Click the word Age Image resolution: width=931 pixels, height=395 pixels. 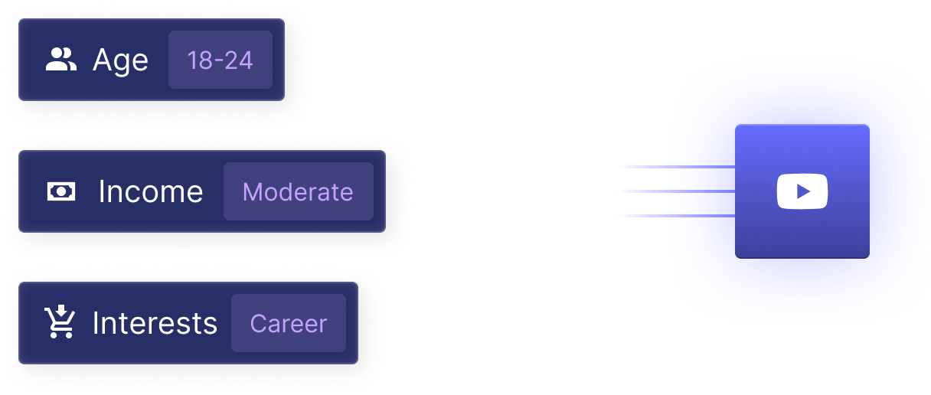[x=120, y=60]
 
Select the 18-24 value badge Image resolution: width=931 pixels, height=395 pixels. [x=220, y=60]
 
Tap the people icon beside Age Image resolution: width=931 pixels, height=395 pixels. [x=61, y=60]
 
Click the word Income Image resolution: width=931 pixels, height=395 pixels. [x=151, y=191]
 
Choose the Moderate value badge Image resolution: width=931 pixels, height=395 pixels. [x=298, y=191]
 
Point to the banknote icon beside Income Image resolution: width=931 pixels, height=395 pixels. [x=61, y=191]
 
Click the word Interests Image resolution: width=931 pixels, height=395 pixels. [x=155, y=323]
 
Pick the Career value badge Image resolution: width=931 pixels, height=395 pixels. [x=289, y=323]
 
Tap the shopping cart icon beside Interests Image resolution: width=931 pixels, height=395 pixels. [x=60, y=322]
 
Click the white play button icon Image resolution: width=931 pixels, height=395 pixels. [x=802, y=191]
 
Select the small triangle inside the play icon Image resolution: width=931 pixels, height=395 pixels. [x=803, y=191]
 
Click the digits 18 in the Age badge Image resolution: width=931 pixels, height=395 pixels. [x=200, y=60]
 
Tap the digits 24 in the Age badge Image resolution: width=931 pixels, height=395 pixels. [x=240, y=60]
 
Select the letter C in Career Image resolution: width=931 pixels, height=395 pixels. [x=258, y=324]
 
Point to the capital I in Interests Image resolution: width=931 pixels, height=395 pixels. [x=95, y=323]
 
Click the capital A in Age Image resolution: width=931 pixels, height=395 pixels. [x=101, y=60]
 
